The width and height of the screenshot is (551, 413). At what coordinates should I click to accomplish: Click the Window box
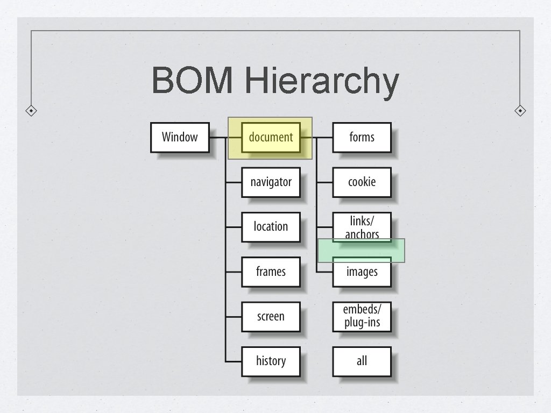pos(180,137)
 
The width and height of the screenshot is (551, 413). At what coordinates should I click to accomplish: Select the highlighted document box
pos(271,137)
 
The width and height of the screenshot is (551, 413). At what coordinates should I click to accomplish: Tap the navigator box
pos(271,182)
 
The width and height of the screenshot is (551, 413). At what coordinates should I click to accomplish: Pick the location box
pos(271,226)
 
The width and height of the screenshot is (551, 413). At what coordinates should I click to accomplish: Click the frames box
pos(271,272)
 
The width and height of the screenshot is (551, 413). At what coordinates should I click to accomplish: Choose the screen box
pos(271,316)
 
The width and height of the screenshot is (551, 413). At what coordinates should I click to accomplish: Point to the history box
pos(271,361)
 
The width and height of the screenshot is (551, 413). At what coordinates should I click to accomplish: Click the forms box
pos(362,137)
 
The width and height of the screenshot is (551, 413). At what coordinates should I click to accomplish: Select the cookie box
pos(362,182)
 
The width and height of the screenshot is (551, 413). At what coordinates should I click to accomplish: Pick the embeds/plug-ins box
pos(362,316)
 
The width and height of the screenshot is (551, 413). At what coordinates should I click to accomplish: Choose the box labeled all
pos(362,361)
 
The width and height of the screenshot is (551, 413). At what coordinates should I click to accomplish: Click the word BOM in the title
pos(193,81)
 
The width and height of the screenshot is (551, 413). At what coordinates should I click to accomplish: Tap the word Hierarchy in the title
pos(321,81)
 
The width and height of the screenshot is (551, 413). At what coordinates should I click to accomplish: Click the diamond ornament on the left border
pos(32,111)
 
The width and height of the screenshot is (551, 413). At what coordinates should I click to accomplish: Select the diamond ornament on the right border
pos(520,111)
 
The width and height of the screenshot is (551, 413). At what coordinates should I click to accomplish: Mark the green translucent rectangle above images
pos(361,251)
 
